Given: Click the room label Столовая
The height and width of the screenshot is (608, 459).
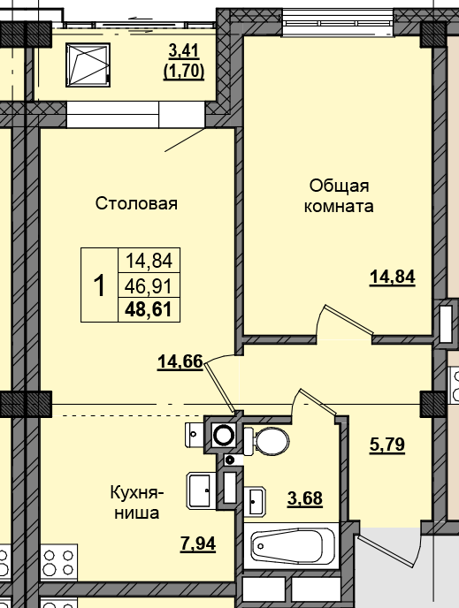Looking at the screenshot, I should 137,204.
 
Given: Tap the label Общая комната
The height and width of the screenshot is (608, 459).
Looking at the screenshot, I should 338,196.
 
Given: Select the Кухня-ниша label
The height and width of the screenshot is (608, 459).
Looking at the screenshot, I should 134,501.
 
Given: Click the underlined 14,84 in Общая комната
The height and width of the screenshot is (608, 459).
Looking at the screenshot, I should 392,277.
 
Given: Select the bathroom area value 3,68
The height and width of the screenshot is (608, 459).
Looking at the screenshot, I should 304,498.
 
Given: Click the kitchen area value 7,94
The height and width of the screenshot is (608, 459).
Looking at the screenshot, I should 198,542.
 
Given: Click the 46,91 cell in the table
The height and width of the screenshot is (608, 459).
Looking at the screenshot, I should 149,285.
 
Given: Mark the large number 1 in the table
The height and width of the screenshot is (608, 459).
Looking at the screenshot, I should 100,285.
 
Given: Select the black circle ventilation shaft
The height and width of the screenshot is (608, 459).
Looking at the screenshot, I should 225,435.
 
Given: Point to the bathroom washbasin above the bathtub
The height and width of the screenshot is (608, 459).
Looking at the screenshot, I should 257,502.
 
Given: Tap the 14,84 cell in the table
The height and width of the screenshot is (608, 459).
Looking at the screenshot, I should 149,261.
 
